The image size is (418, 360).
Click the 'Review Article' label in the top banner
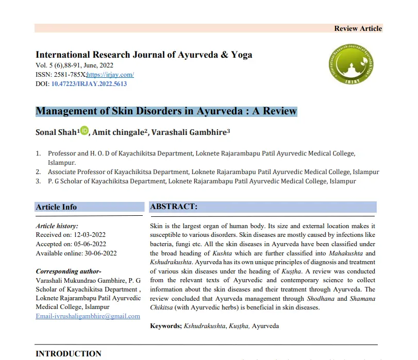(x=358, y=28)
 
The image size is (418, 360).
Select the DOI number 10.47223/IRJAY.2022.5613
(x=89, y=83)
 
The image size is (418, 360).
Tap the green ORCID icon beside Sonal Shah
(x=85, y=131)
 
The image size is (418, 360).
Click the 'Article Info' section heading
(x=56, y=207)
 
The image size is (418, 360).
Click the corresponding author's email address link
(x=88, y=316)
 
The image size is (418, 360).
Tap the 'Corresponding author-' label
(x=69, y=271)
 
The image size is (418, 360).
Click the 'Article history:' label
(x=57, y=226)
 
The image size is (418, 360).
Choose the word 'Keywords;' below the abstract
(x=166, y=326)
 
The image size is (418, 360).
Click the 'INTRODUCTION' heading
(x=69, y=354)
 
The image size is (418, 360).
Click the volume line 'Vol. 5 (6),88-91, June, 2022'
(x=75, y=65)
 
